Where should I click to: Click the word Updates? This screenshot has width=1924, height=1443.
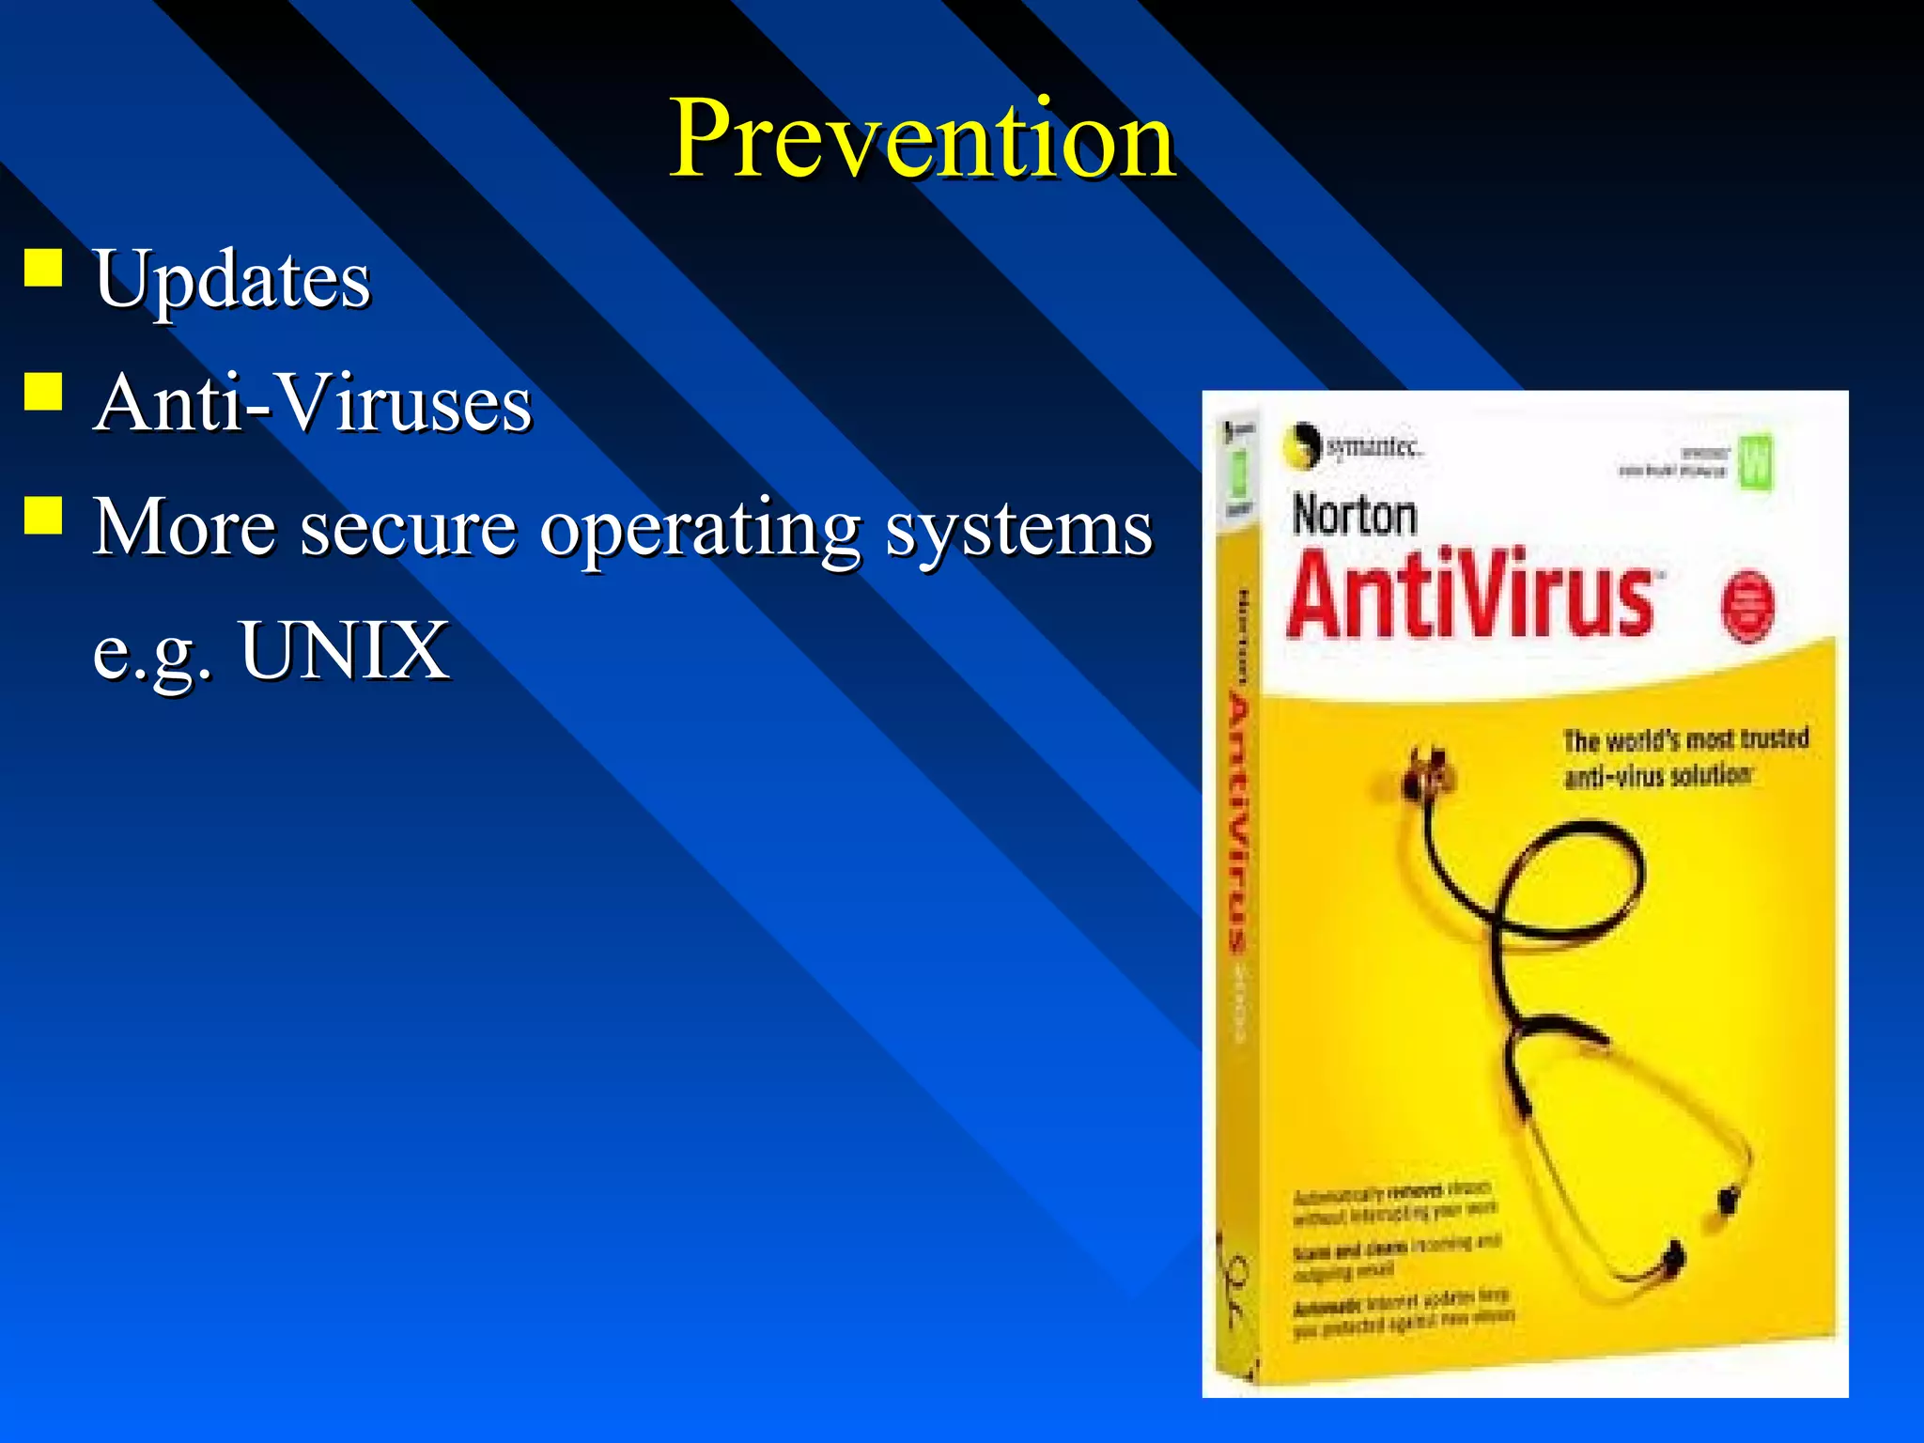(x=232, y=279)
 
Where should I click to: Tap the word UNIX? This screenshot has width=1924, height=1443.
(x=345, y=650)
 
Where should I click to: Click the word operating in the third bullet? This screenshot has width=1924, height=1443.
(x=700, y=529)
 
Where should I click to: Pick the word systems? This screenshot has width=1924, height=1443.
(x=1018, y=529)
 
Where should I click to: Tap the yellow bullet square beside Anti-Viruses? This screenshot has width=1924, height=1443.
(x=43, y=392)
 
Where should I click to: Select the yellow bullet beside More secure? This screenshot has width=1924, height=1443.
(x=43, y=515)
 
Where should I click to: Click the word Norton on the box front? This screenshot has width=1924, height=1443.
(x=1354, y=516)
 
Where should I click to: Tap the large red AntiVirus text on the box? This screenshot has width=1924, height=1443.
(x=1471, y=595)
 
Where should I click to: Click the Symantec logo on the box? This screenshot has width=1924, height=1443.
(x=1353, y=446)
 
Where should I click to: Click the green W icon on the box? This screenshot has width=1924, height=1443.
(x=1754, y=461)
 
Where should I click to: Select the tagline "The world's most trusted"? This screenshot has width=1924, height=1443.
(x=1685, y=740)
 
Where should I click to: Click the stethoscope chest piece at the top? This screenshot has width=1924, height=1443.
(x=1425, y=772)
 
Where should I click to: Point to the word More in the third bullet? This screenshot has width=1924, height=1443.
(x=184, y=527)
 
